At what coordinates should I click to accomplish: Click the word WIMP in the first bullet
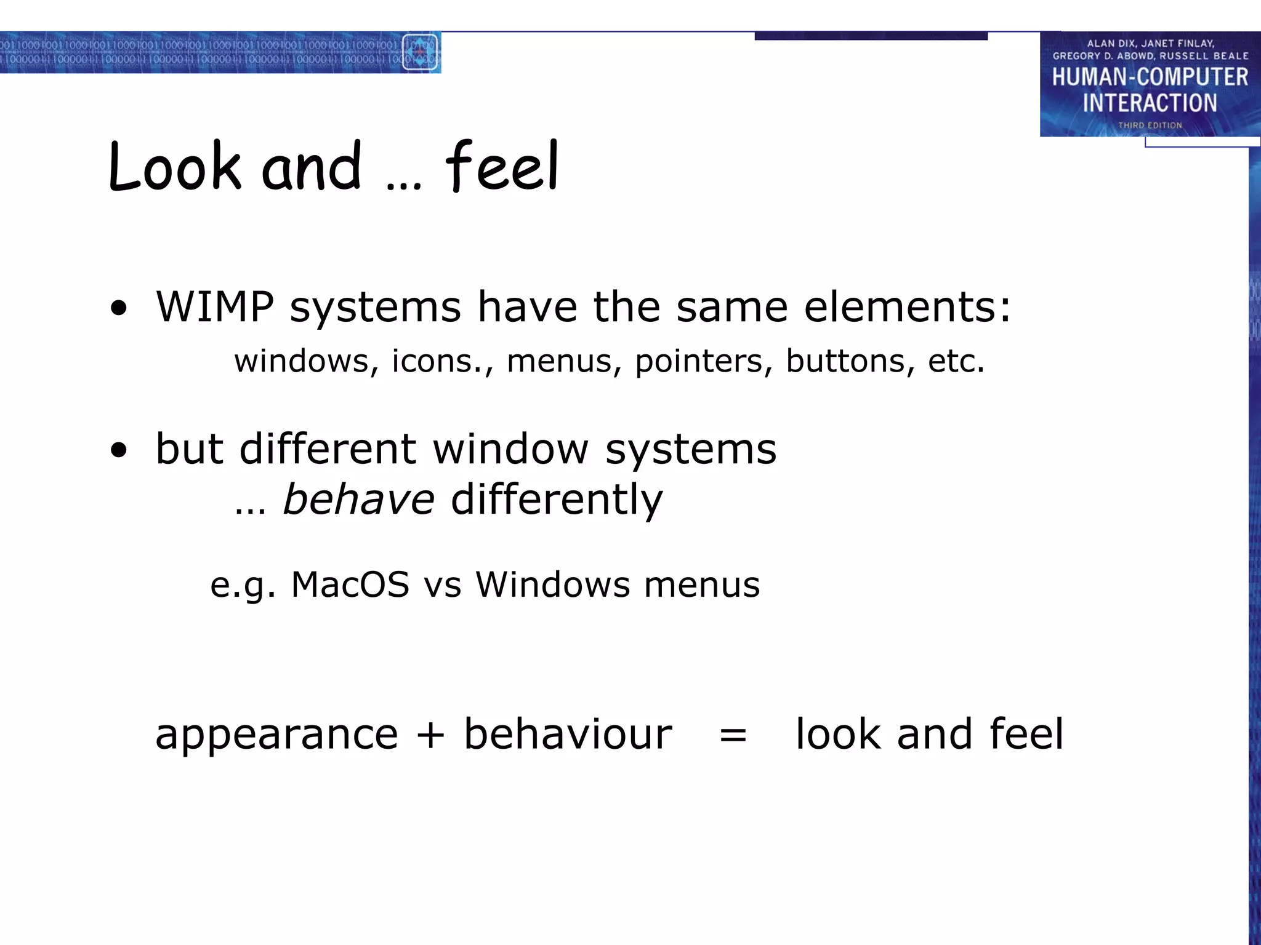(x=215, y=306)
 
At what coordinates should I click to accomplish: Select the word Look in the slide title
(x=174, y=166)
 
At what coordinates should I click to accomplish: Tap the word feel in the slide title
(x=502, y=166)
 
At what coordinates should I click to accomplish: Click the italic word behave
(x=359, y=499)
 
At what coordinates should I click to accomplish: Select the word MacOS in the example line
(x=350, y=584)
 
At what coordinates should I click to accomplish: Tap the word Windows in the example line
(x=552, y=584)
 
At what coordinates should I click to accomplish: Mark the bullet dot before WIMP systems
(x=119, y=309)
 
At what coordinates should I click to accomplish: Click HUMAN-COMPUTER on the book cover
(x=1150, y=78)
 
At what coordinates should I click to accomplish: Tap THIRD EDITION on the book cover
(x=1150, y=126)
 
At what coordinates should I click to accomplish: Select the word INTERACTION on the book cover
(x=1150, y=103)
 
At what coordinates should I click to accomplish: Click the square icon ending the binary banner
(x=420, y=52)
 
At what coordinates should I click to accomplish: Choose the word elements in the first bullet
(x=907, y=306)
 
